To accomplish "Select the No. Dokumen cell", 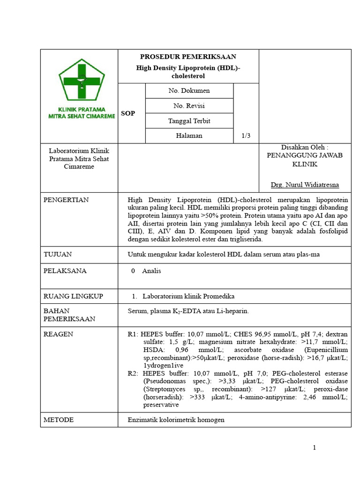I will [x=189, y=90].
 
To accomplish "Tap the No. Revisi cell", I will [x=189, y=105].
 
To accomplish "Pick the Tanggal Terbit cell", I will [x=189, y=120].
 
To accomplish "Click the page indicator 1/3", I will [x=246, y=135].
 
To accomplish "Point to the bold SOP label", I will [x=128, y=113].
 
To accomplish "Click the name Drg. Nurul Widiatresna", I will [x=305, y=185].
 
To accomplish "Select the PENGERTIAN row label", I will [x=66, y=200].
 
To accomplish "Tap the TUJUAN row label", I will [x=57, y=254].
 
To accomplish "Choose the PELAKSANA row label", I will [x=65, y=270].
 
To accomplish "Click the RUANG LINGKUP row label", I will [x=73, y=296].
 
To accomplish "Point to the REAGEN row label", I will [x=58, y=334].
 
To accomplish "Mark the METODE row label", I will [x=59, y=420].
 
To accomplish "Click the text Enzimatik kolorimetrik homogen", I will [x=176, y=420].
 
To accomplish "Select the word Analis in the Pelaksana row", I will [x=151, y=270].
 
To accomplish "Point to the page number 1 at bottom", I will [x=315, y=448].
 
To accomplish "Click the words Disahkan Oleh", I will [x=305, y=147].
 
